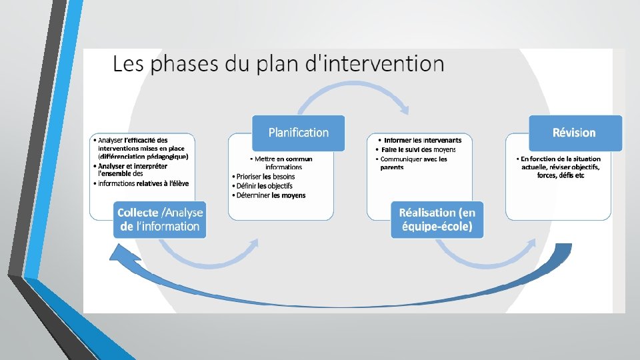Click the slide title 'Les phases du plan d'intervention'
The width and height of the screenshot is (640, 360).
278,65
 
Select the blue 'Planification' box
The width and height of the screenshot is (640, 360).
298,133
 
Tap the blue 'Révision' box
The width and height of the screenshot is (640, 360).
575,133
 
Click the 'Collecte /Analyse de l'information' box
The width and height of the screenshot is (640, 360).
160,219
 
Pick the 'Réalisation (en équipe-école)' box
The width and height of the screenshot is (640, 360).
437,219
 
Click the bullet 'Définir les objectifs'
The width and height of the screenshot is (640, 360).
265,186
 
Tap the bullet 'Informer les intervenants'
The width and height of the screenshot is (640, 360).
422,141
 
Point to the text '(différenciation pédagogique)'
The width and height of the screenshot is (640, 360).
143,157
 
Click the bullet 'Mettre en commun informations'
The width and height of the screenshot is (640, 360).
283,163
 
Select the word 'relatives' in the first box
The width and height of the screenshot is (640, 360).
153,183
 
